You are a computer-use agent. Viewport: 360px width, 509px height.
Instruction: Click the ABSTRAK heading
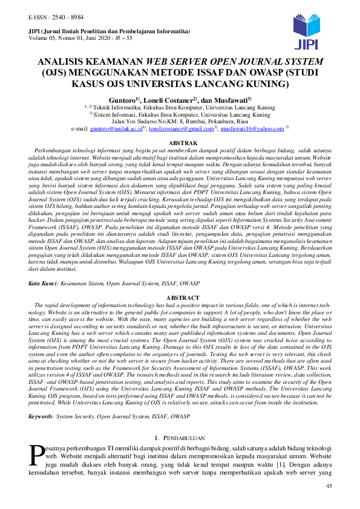point(180,143)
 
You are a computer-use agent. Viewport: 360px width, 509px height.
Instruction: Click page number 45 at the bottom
point(329,487)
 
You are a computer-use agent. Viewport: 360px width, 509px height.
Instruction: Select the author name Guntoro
point(122,99)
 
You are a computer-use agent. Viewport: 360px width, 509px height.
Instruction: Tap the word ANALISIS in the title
point(65,62)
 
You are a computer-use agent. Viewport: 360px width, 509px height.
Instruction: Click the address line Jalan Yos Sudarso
point(179,121)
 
